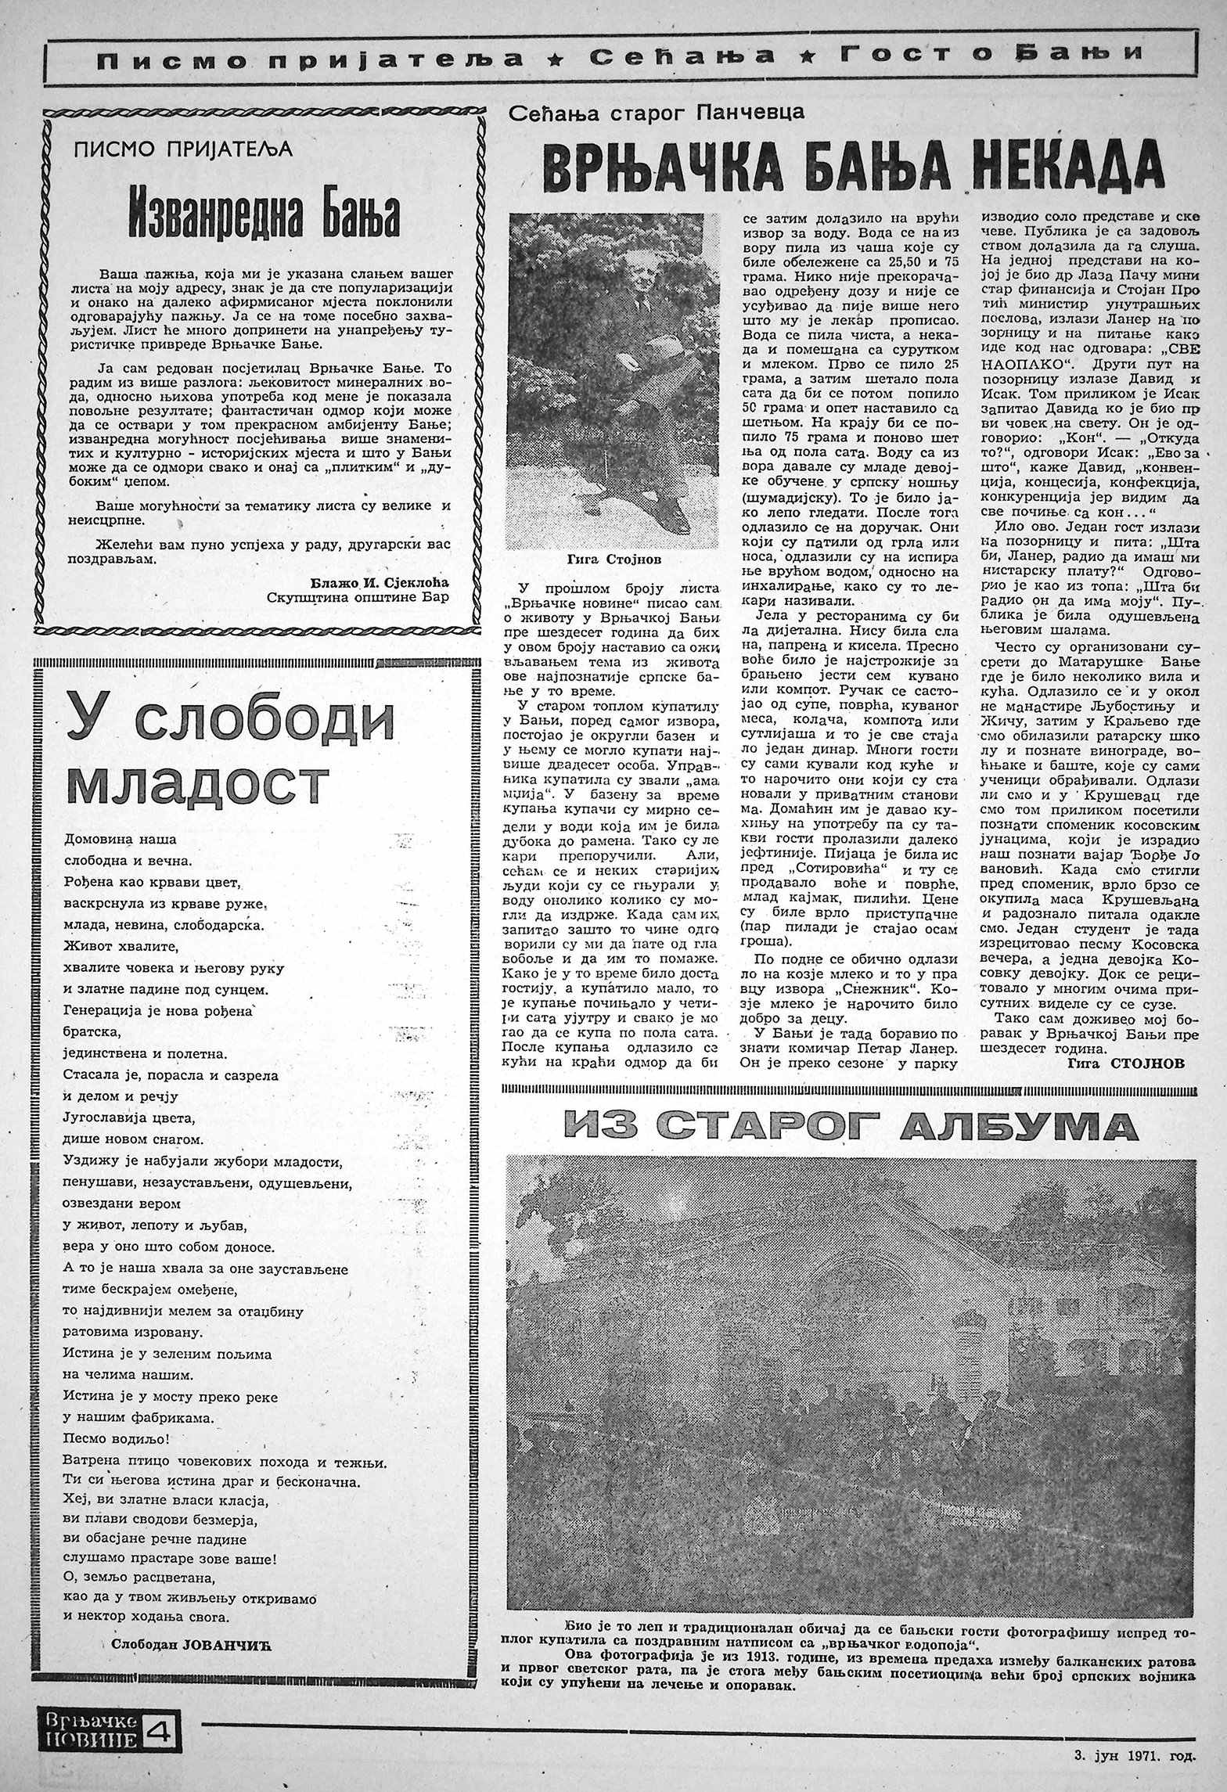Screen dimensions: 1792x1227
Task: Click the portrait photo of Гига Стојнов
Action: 611,382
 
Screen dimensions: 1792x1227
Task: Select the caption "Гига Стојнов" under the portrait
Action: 611,560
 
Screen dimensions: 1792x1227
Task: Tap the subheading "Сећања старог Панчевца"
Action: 656,113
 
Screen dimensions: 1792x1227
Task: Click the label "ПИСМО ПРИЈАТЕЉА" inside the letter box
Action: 183,149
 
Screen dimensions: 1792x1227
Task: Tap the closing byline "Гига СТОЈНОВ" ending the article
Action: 1126,1063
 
